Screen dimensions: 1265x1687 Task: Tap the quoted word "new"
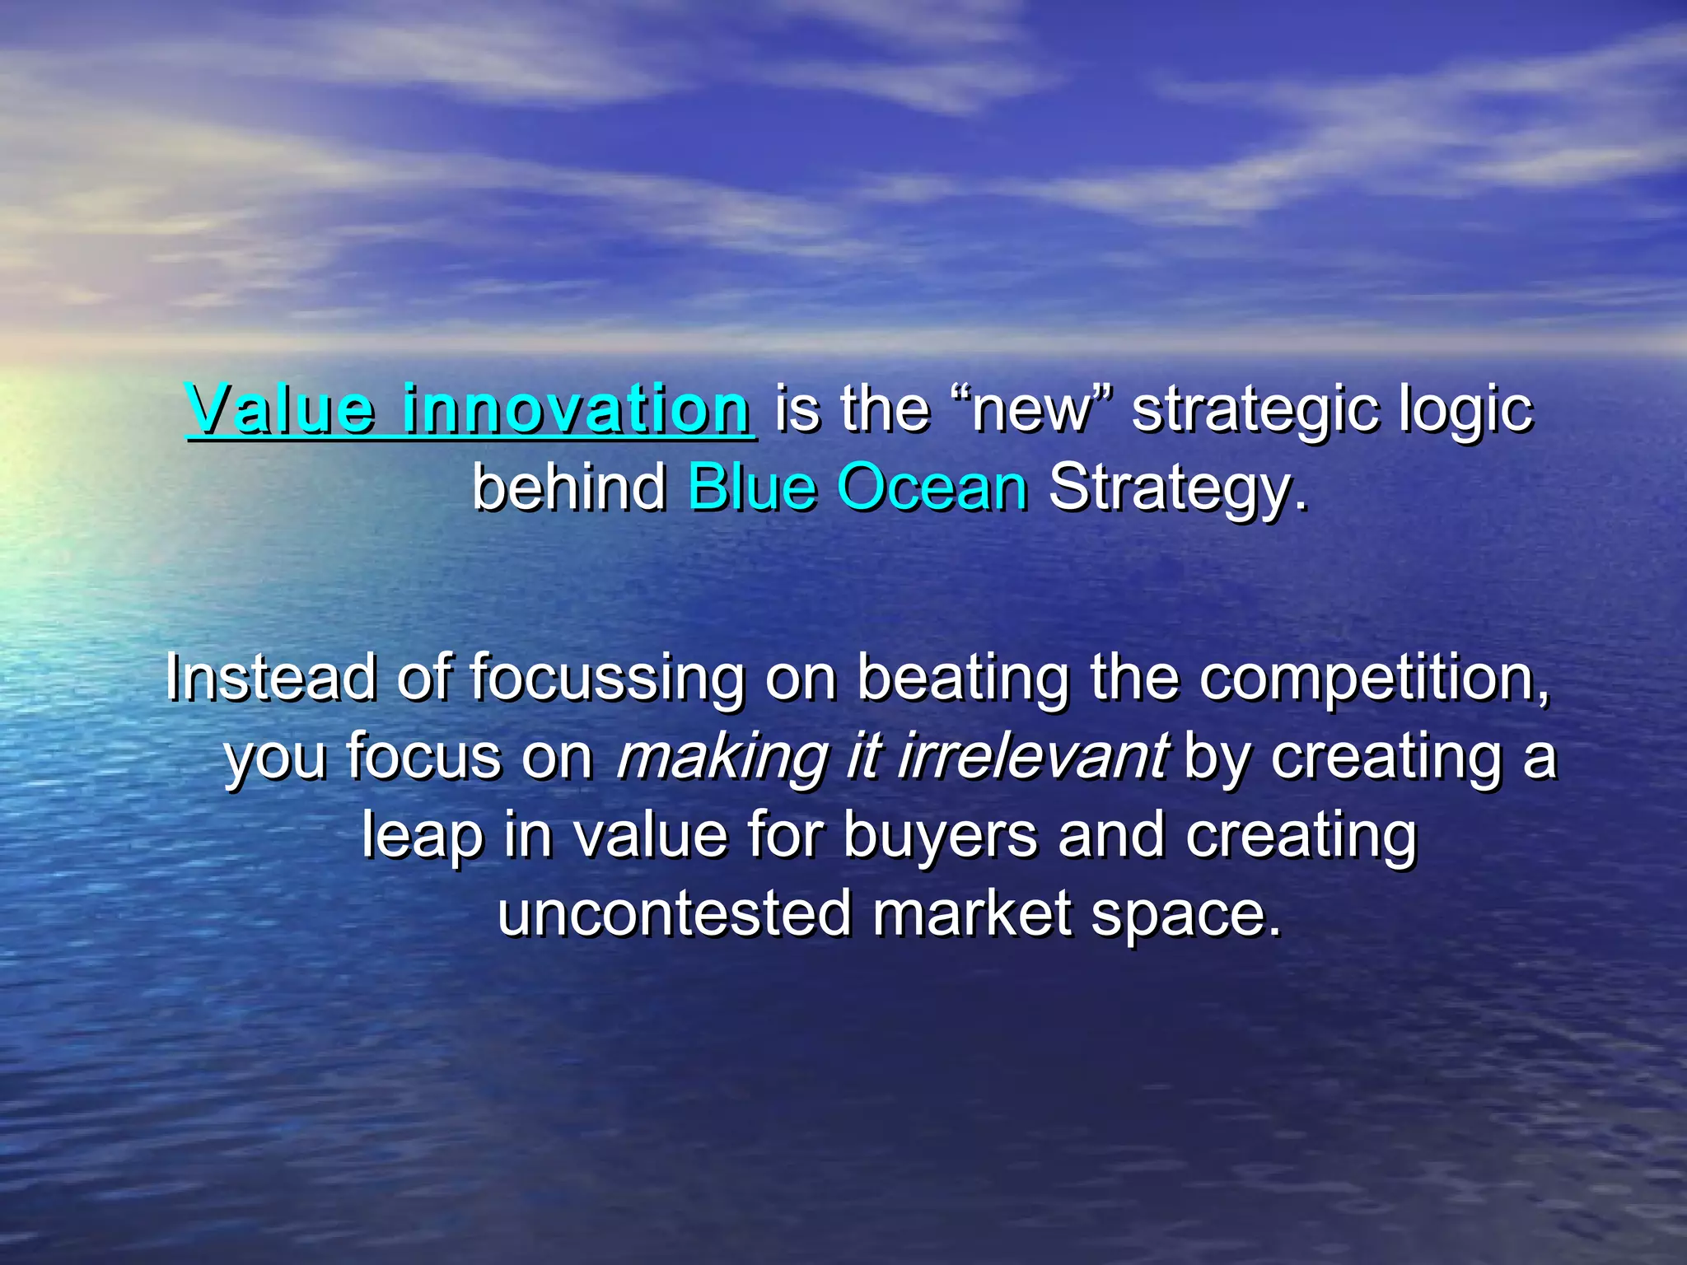point(1030,410)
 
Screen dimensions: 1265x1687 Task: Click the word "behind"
point(569,488)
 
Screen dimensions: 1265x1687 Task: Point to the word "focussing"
point(607,679)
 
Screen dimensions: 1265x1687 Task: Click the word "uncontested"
point(675,913)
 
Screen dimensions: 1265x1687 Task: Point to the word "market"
point(972,913)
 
